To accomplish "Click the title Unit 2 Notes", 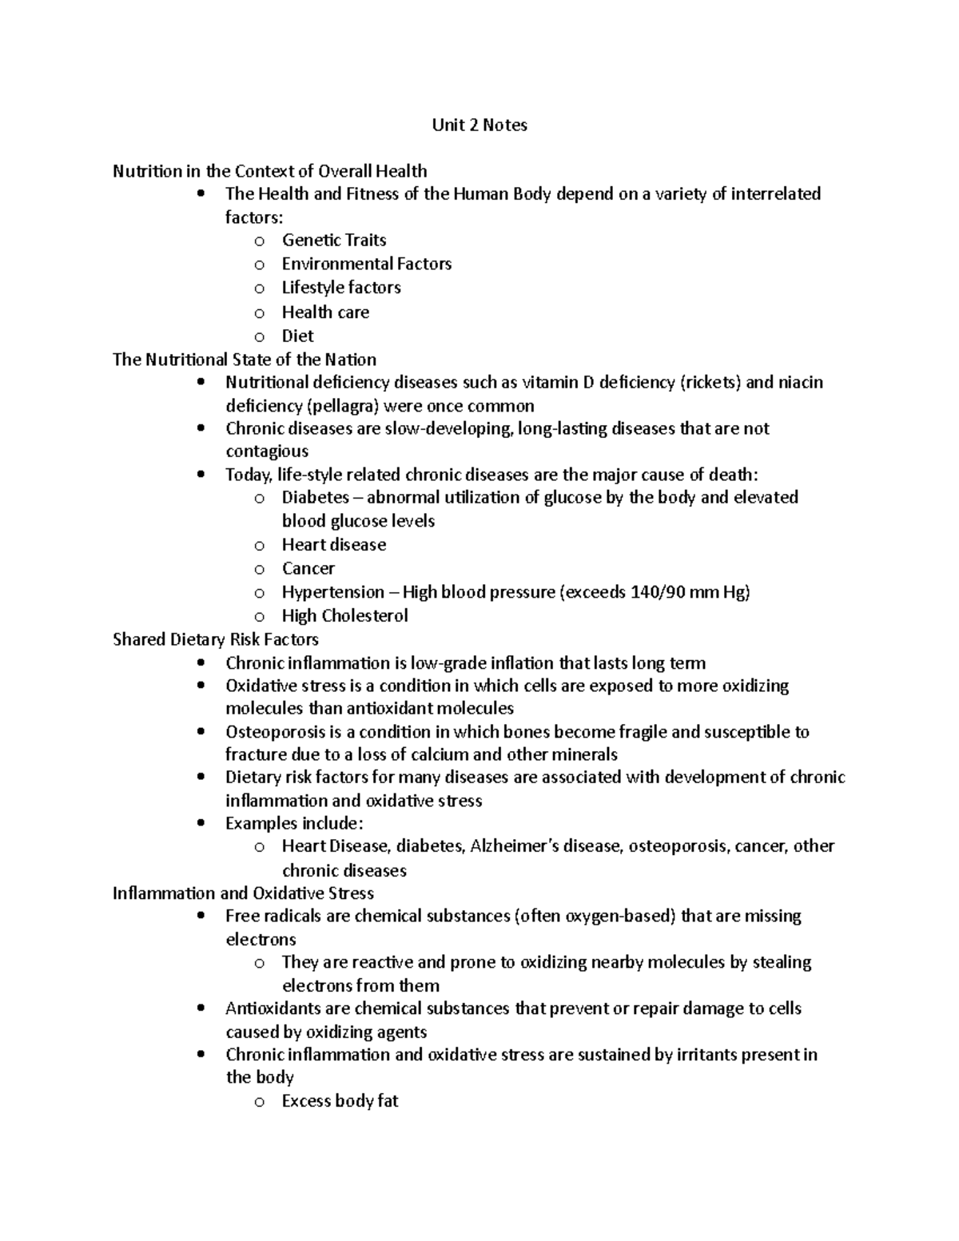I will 479,125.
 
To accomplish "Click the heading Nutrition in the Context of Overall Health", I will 269,171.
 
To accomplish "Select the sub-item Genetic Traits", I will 333,241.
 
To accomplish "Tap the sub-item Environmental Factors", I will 366,265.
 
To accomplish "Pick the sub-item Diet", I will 297,336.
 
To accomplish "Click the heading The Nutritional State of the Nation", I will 244,360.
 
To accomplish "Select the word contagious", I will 266,451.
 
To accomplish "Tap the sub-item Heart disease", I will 333,545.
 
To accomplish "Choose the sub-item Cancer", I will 308,569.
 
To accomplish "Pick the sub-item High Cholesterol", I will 344,616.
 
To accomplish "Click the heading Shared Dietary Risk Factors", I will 216,639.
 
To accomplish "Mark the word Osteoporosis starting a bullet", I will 277,732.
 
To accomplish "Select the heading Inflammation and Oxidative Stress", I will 243,893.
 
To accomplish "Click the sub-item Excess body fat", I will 340,1101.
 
